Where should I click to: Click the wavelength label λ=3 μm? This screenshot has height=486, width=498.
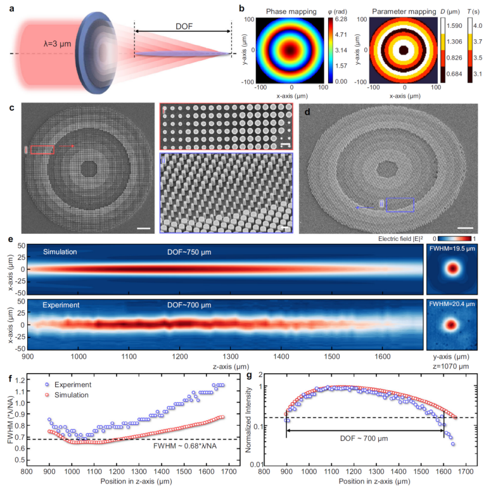point(58,44)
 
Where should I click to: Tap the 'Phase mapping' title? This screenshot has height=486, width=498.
point(291,11)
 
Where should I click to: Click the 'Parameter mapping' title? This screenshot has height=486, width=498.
point(404,11)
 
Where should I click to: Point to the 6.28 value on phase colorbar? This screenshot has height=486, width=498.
point(341,19)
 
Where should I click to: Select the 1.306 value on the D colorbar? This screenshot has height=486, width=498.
point(454,42)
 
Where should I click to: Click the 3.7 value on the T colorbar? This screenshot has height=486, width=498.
point(478,42)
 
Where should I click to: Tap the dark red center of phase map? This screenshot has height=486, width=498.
point(290,50)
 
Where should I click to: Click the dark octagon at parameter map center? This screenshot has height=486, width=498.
point(403,50)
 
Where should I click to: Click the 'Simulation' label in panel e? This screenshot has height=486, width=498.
point(60,252)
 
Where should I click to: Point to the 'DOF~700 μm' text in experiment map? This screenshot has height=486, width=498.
point(189,305)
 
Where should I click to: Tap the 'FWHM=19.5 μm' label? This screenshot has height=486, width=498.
point(452,248)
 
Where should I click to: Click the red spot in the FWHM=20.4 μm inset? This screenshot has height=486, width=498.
point(451,325)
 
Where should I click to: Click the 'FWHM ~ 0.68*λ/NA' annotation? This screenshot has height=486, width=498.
point(185,446)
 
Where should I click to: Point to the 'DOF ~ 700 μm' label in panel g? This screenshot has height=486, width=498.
point(364,438)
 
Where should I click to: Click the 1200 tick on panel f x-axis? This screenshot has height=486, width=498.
point(117,471)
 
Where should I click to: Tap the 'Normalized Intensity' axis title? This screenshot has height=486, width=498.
point(248,419)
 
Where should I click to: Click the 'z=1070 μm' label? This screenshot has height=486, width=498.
point(450,366)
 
